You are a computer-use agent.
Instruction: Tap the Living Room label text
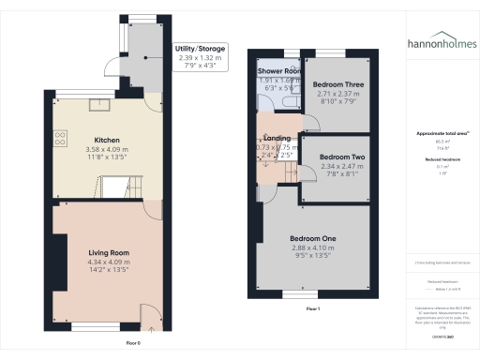point(109,251)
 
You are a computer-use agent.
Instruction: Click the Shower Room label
point(278,70)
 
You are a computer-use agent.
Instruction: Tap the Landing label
point(276,139)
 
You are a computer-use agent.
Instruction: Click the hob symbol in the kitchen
point(60,138)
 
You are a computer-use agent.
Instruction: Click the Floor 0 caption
point(133,342)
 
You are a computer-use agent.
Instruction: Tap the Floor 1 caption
point(313,308)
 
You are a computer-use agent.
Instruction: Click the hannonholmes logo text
point(441,42)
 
